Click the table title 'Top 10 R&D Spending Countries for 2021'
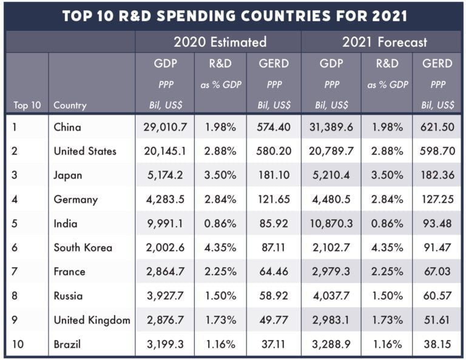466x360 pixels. (232, 15)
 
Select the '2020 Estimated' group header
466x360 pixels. (220, 42)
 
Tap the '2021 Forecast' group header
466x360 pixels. (384, 42)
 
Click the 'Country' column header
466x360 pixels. (70, 105)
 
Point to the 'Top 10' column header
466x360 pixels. (27, 105)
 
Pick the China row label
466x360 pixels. (67, 127)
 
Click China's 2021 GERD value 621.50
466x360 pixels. (437, 127)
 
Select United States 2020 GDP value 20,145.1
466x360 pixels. (164, 151)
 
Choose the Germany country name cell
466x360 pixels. (75, 199)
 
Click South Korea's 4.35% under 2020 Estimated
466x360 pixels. (220, 248)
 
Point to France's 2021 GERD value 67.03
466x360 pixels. (437, 271)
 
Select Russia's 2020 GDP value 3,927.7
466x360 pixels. (164, 296)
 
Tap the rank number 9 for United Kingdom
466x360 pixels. (15, 320)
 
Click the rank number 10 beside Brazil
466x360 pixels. (17, 344)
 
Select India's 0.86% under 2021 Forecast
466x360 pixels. (387, 223)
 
